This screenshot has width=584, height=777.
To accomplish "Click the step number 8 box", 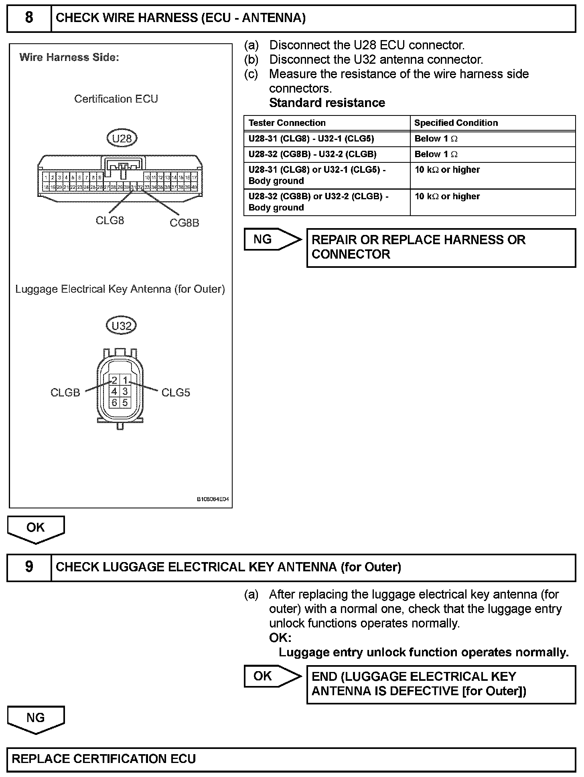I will pos(29,18).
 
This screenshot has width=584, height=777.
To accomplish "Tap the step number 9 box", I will pos(29,567).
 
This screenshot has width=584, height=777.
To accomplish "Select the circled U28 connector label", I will pos(122,138).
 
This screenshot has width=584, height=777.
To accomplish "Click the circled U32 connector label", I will pos(121,326).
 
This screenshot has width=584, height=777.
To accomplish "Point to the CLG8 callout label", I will pos(109,221).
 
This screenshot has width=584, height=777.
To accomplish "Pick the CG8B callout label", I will pos(184,223).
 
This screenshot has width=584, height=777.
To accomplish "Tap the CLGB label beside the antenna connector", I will pos(65,393).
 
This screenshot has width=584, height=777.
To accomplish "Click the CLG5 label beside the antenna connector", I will pos(176,393).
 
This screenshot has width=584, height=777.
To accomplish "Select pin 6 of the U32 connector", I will pos(114,403).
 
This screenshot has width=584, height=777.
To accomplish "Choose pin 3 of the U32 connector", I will pos(125,391).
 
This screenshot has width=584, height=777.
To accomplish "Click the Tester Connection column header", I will pos(287,123).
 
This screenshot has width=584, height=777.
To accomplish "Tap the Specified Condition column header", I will pos(456,123).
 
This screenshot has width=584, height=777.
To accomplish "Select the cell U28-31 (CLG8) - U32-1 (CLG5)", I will pos(311,139).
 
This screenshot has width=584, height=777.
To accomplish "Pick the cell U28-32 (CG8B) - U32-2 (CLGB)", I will pos(312,154).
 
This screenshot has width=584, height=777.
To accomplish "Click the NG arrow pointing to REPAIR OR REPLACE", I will pos(272,240).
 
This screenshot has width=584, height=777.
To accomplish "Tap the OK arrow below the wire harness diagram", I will pos(36,529).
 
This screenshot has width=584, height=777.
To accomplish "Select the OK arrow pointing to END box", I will pos(272,676).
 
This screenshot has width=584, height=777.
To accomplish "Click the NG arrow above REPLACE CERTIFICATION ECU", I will pos(36,719).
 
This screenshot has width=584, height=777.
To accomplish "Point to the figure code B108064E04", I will pos(213,500).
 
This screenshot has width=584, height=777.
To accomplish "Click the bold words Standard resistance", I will pos(327,103).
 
